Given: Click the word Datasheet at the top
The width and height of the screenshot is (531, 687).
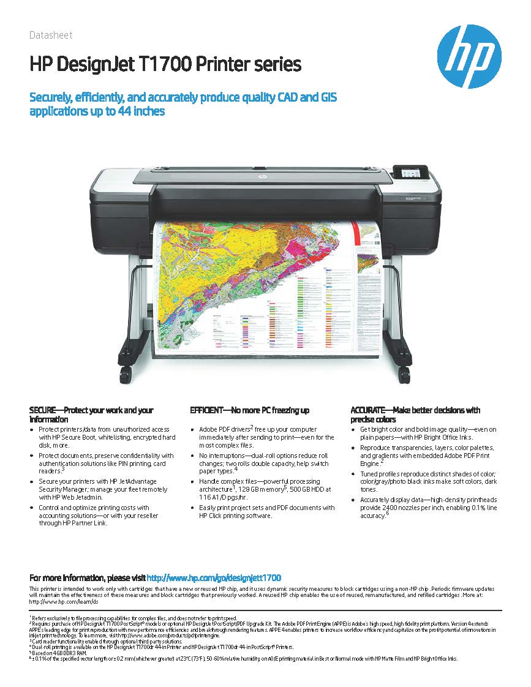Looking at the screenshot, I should coord(51,36).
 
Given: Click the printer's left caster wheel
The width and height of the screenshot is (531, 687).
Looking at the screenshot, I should coord(126,374).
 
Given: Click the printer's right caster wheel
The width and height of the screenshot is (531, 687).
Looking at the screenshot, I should coord(404,374).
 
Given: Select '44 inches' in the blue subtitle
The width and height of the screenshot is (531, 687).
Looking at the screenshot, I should coord(140,112).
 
